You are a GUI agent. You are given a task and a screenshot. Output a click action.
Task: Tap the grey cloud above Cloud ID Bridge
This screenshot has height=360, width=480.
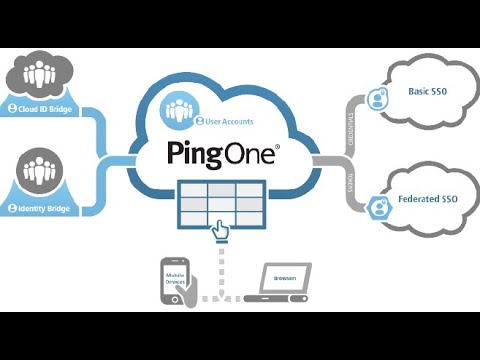click(x=41, y=72)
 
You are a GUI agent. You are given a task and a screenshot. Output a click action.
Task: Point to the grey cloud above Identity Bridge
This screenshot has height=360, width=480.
click(x=41, y=171)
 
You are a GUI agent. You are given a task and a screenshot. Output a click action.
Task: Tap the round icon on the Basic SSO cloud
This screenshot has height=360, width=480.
click(x=378, y=98)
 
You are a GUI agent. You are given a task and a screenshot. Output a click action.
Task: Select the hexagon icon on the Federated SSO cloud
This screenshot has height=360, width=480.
click(x=379, y=208)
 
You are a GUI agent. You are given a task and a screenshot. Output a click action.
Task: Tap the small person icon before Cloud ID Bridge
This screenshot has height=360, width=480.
click(x=12, y=108)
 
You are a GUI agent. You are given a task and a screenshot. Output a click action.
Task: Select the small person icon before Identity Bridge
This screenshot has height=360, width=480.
click(x=12, y=207)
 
